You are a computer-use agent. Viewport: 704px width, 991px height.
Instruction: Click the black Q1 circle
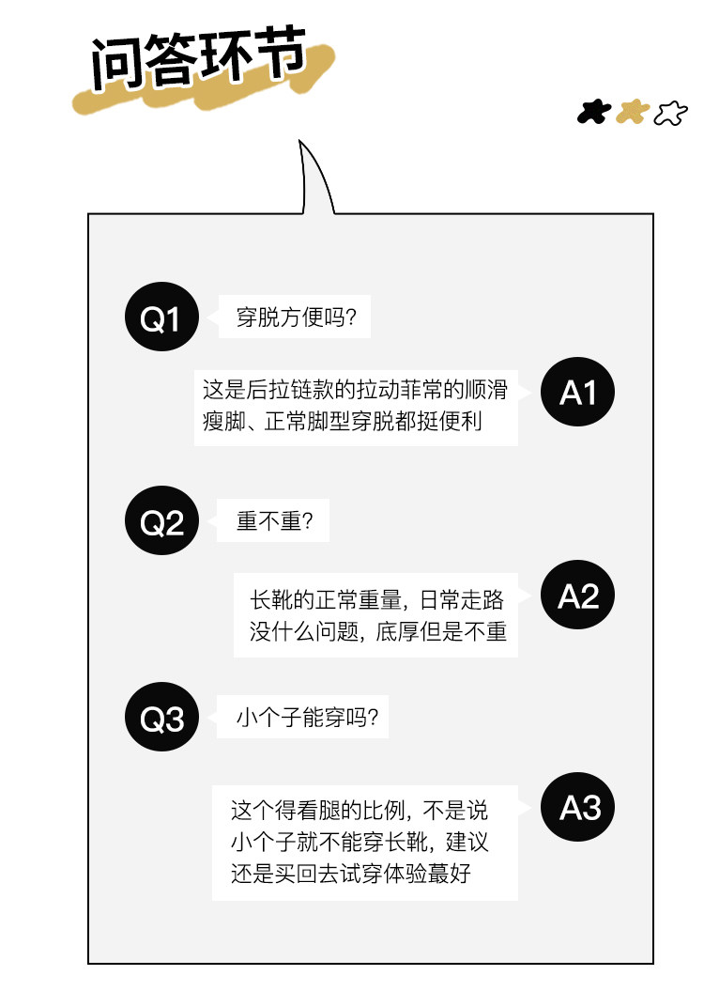click(x=161, y=319)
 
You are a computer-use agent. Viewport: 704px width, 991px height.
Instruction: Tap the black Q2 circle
click(x=161, y=523)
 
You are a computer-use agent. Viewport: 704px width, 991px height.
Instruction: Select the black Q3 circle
click(x=161, y=720)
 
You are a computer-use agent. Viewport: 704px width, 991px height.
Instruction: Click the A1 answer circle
click(x=577, y=393)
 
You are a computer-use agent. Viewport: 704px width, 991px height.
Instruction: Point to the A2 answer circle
click(x=577, y=596)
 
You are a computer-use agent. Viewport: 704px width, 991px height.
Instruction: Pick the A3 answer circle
click(x=577, y=808)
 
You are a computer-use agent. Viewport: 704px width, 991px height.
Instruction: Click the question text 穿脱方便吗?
click(x=296, y=319)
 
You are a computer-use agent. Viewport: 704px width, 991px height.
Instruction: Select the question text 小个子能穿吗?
click(x=306, y=720)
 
